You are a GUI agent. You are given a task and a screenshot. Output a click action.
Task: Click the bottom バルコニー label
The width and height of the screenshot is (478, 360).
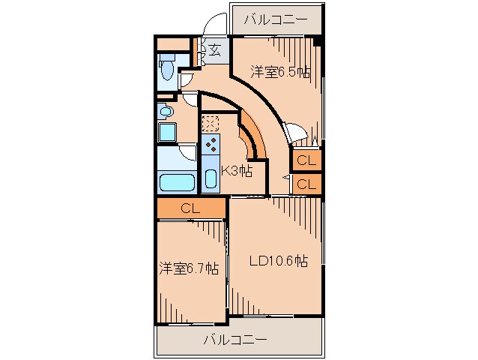235,340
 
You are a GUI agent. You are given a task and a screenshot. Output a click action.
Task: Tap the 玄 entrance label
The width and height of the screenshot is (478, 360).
214,50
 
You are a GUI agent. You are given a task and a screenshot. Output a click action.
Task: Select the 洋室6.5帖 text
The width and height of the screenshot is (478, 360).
279,72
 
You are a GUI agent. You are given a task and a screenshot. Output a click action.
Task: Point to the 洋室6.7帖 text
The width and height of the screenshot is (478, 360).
189,268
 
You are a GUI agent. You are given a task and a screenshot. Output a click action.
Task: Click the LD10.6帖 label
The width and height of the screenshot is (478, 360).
278,261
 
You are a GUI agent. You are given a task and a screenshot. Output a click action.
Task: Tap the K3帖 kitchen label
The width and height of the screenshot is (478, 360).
235,170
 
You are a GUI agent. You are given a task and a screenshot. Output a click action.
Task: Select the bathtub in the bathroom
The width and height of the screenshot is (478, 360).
177,181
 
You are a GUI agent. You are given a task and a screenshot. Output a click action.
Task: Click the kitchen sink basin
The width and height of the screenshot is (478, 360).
211,179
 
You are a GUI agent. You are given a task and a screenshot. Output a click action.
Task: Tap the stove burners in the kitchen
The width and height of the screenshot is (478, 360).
211,144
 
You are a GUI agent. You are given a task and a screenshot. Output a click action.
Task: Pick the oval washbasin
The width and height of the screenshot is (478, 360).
166,112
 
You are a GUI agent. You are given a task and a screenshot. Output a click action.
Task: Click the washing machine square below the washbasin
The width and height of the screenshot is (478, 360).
166,133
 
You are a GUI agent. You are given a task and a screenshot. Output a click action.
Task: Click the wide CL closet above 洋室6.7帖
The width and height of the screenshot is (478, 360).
191,209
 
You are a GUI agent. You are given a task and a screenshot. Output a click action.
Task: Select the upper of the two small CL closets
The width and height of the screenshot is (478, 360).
306,160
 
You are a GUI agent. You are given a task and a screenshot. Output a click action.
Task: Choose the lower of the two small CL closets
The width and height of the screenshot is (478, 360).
306,184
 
